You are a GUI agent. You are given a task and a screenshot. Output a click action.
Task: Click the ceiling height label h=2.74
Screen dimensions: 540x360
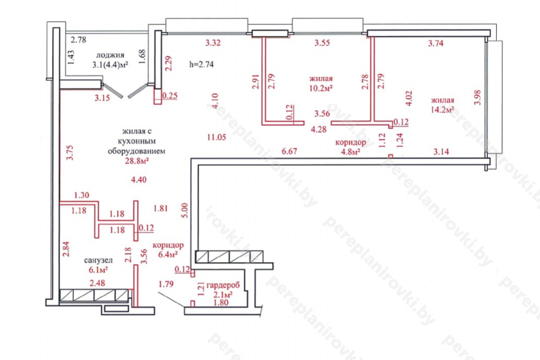pyautogui.click(x=201, y=65)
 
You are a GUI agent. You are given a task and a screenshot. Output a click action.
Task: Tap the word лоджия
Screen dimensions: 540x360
pyautogui.click(x=110, y=55)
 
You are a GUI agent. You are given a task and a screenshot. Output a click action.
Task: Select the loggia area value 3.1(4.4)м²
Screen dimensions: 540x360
pyautogui.click(x=110, y=65)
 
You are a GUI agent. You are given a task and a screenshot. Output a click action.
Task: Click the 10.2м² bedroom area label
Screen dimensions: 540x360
pyautogui.click(x=321, y=88)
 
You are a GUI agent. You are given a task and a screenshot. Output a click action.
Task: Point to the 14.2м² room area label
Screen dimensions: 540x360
pyautogui.click(x=443, y=110)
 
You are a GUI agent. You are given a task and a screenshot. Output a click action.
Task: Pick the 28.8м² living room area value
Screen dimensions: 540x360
pyautogui.click(x=137, y=161)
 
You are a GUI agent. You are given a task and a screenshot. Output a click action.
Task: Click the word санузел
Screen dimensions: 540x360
pyautogui.click(x=98, y=260)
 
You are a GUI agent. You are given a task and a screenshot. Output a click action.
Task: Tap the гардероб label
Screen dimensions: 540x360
pyautogui.click(x=223, y=285)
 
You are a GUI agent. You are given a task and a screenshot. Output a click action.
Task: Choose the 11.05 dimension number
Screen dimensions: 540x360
pyautogui.click(x=216, y=137)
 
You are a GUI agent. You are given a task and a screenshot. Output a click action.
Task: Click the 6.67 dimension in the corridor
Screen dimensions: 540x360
pyautogui.click(x=289, y=151)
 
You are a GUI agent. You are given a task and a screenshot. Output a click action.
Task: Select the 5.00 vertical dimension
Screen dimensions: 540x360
pyautogui.click(x=185, y=210)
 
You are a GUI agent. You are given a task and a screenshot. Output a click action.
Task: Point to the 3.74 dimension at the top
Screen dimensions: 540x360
pyautogui.click(x=436, y=43)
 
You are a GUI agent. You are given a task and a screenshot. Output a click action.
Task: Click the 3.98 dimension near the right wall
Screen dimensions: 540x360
pyautogui.click(x=477, y=97)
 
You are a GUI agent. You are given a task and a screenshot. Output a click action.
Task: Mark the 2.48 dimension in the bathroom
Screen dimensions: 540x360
pyautogui.click(x=97, y=283)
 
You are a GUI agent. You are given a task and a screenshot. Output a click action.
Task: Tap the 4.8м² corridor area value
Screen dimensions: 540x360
pyautogui.click(x=351, y=152)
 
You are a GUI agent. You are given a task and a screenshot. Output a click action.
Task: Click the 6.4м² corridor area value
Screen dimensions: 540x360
pyautogui.click(x=168, y=254)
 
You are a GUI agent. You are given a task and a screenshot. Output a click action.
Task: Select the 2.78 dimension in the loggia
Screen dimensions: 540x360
pyautogui.click(x=78, y=40)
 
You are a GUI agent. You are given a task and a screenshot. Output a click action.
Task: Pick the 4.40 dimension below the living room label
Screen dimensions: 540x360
pyautogui.click(x=139, y=180)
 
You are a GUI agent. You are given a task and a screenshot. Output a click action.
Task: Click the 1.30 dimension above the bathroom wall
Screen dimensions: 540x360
pyautogui.click(x=81, y=195)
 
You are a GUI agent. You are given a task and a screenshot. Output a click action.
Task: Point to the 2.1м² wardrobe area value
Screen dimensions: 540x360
pyautogui.click(x=223, y=295)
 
